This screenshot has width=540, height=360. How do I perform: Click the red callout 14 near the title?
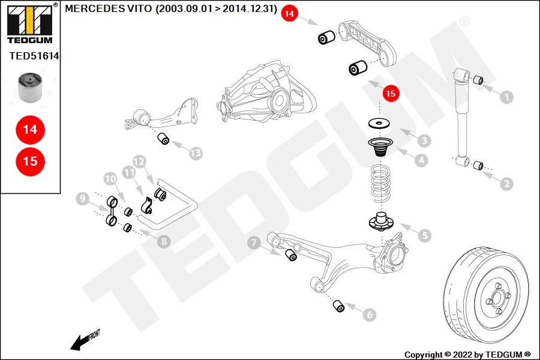(x=289, y=13)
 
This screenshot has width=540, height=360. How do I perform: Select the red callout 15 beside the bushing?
(x=391, y=94)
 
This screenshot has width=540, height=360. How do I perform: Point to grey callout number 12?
(x=139, y=161)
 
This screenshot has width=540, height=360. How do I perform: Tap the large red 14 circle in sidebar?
(x=30, y=129)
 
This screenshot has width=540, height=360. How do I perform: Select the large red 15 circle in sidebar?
(x=30, y=161)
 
